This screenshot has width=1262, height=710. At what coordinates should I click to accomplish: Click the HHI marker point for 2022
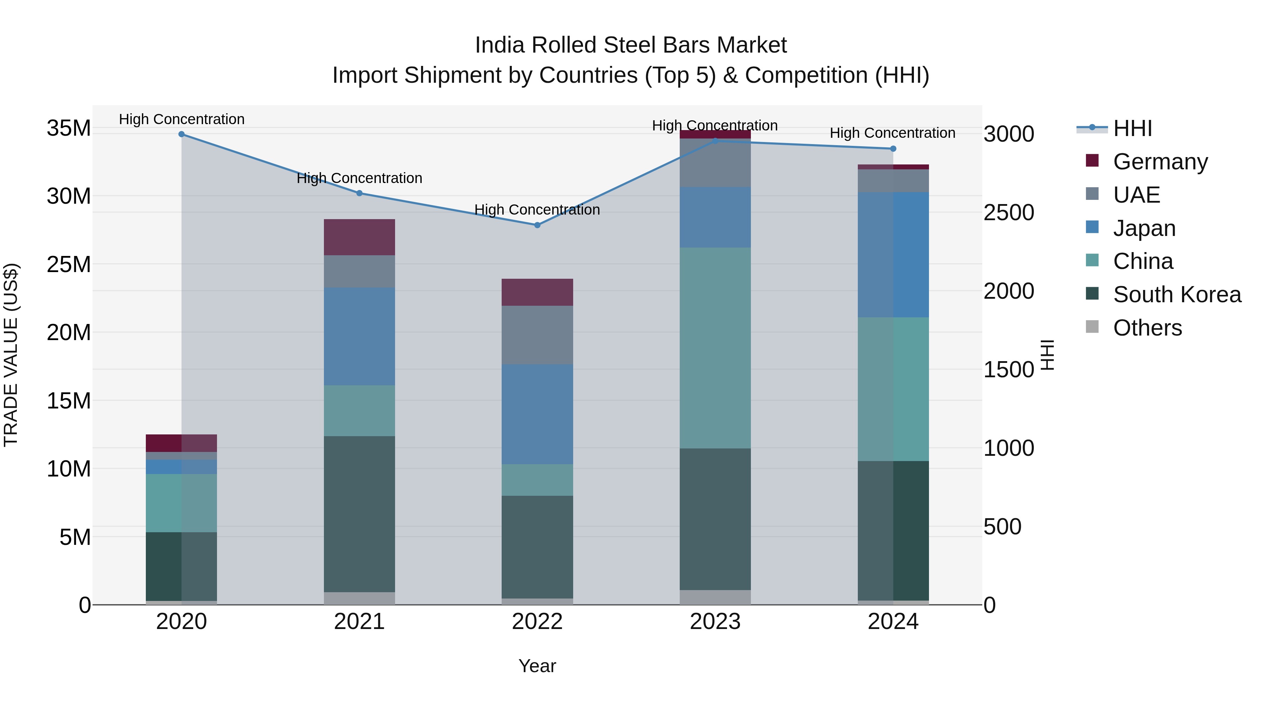[x=537, y=225]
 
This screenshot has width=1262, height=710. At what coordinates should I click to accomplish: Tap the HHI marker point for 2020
[x=181, y=134]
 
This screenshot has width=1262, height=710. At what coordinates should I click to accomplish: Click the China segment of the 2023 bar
[x=715, y=347]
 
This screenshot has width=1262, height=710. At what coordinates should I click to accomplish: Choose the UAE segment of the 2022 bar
[x=537, y=335]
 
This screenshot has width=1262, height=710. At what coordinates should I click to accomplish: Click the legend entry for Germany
[x=1160, y=161]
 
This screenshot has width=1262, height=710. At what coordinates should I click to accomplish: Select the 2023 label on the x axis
[x=715, y=621]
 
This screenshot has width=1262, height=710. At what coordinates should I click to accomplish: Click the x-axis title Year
[x=537, y=665]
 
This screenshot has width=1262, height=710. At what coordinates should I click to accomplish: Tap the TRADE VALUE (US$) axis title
[x=11, y=355]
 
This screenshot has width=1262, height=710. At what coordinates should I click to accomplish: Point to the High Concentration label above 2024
[x=892, y=133]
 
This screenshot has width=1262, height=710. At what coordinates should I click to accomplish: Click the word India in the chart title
[x=500, y=45]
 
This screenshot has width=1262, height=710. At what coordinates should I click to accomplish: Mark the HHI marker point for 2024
[x=893, y=148]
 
